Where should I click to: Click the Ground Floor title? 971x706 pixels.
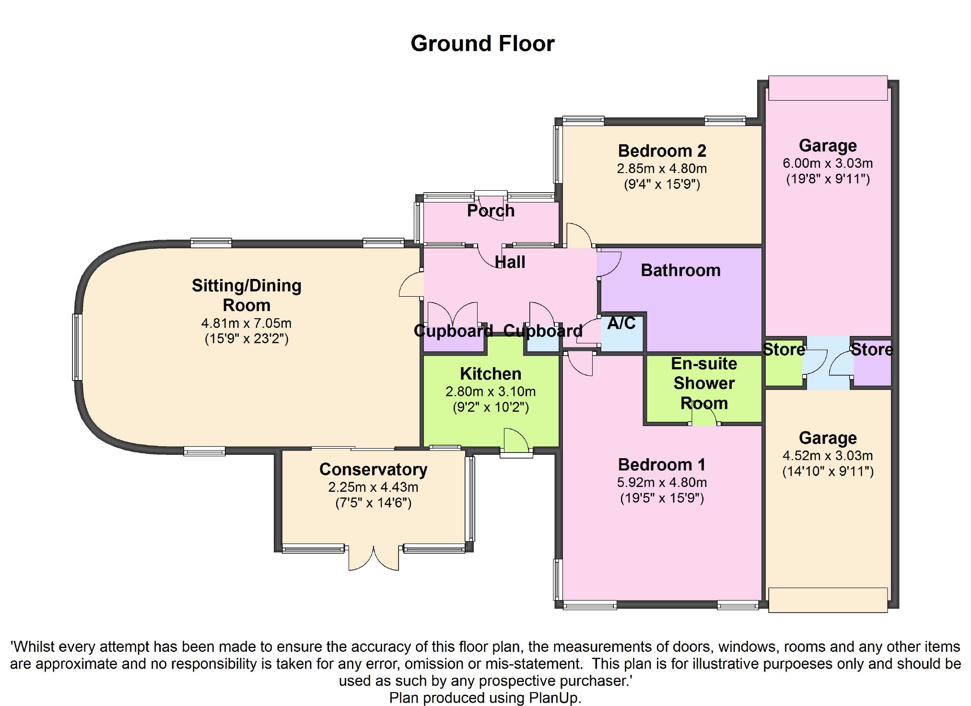482,44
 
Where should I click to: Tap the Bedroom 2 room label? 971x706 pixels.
662,151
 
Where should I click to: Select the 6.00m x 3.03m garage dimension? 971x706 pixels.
828,163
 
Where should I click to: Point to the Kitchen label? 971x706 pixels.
491,374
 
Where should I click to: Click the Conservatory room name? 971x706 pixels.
373,470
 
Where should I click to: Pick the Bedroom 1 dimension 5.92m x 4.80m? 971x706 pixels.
662,482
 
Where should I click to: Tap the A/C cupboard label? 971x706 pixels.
621,324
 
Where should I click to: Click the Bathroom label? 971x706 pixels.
680,271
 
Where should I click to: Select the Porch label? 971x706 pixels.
491,211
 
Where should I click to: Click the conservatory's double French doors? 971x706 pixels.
374,558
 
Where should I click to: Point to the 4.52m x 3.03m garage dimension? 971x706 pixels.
828,456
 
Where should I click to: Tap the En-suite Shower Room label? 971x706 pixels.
704,383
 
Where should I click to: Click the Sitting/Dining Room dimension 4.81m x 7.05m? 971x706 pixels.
246,324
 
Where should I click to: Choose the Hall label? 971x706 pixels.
510,263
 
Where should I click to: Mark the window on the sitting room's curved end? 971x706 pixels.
77,347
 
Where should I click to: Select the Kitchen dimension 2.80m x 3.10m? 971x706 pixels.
491,392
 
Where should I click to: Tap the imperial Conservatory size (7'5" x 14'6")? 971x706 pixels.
373,503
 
